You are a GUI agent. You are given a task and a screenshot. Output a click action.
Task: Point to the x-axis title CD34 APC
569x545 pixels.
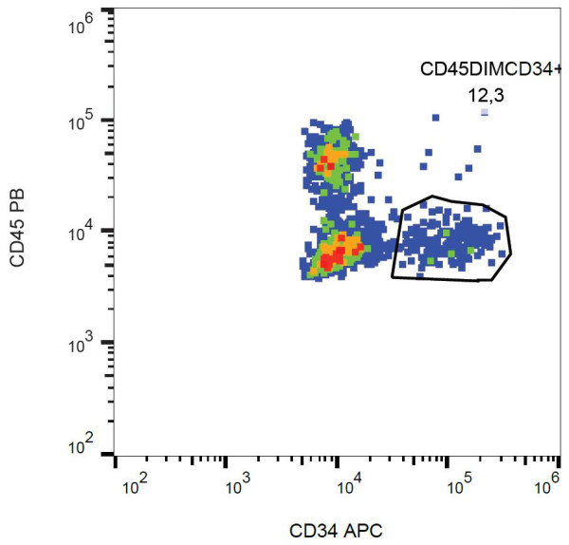point(336,530)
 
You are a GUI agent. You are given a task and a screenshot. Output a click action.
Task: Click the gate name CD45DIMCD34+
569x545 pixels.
point(493,70)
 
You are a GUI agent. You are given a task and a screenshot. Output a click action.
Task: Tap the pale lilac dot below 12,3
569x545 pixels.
point(484,112)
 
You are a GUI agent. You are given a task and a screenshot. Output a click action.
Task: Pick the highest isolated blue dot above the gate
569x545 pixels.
point(435,118)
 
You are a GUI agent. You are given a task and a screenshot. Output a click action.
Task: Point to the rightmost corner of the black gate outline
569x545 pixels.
point(512,253)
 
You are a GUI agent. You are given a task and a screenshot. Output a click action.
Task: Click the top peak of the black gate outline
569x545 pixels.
point(432,197)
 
